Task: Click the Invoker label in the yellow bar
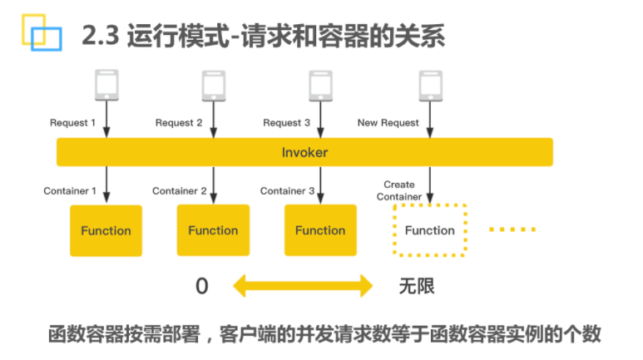(304, 152)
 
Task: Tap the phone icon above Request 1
(106, 85)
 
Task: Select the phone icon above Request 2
(214, 86)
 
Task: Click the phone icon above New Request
(431, 86)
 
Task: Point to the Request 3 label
(287, 122)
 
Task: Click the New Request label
(388, 122)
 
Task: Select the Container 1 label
(70, 190)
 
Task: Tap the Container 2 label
(179, 190)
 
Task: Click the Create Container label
(399, 190)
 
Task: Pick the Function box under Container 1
(106, 231)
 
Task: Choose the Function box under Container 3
(321, 230)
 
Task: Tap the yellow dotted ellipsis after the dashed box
(512, 229)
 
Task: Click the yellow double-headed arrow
(303, 286)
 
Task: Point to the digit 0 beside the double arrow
(202, 286)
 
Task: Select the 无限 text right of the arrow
(417, 286)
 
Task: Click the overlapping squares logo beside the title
(42, 32)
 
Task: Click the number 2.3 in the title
(101, 36)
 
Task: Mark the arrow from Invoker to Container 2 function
(214, 185)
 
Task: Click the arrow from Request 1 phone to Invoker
(106, 120)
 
